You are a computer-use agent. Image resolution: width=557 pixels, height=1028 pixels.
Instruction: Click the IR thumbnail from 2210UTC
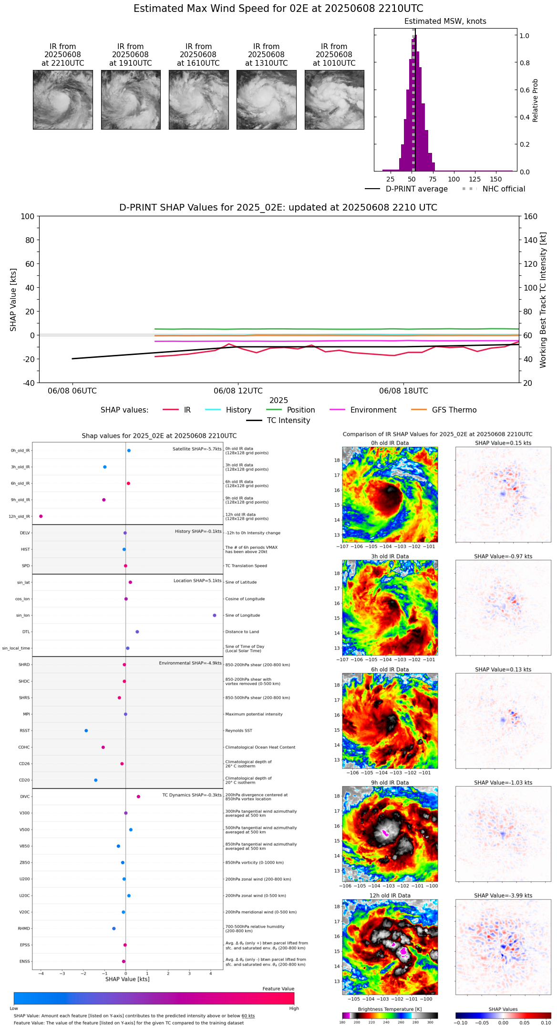click(62, 100)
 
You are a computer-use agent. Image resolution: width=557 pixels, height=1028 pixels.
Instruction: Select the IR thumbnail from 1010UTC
click(334, 100)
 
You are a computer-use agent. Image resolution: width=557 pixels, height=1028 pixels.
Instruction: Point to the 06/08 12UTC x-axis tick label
click(238, 391)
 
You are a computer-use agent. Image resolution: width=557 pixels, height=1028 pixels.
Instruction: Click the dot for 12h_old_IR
click(41, 516)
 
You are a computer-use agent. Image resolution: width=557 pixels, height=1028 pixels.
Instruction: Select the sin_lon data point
click(215, 615)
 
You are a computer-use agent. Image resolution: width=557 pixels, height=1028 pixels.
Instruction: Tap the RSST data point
click(86, 731)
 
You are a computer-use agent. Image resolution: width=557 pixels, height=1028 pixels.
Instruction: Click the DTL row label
click(26, 632)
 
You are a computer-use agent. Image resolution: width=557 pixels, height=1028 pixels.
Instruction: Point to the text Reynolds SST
click(238, 731)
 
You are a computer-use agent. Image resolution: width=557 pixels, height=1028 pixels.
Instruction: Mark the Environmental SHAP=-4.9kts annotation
click(190, 663)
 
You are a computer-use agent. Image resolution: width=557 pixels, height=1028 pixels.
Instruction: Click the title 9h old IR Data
click(390, 783)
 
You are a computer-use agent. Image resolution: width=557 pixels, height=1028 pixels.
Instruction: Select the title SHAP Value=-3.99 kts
click(503, 896)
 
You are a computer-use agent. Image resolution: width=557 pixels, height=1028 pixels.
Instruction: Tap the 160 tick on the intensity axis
click(530, 216)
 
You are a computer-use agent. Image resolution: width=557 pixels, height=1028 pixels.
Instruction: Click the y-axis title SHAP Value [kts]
click(13, 300)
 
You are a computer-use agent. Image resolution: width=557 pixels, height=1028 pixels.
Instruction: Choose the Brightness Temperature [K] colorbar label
click(390, 1009)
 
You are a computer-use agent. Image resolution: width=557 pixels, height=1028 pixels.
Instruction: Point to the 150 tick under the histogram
click(496, 179)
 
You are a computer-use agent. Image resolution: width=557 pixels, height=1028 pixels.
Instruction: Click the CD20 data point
click(96, 780)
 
